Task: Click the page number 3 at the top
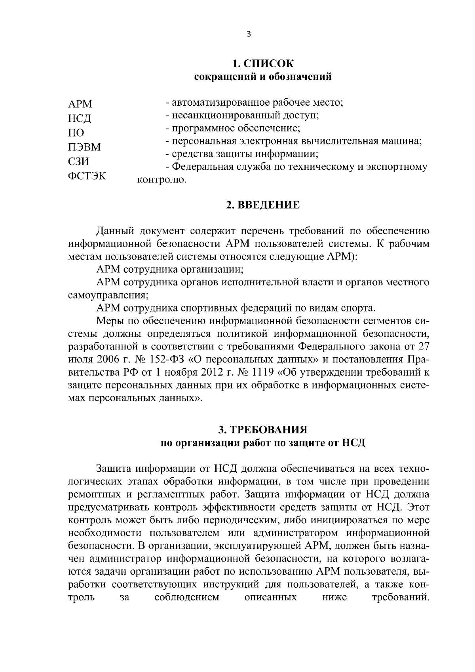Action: click(x=248, y=34)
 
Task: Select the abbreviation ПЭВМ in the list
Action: click(x=84, y=147)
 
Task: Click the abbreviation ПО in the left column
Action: click(x=76, y=133)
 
